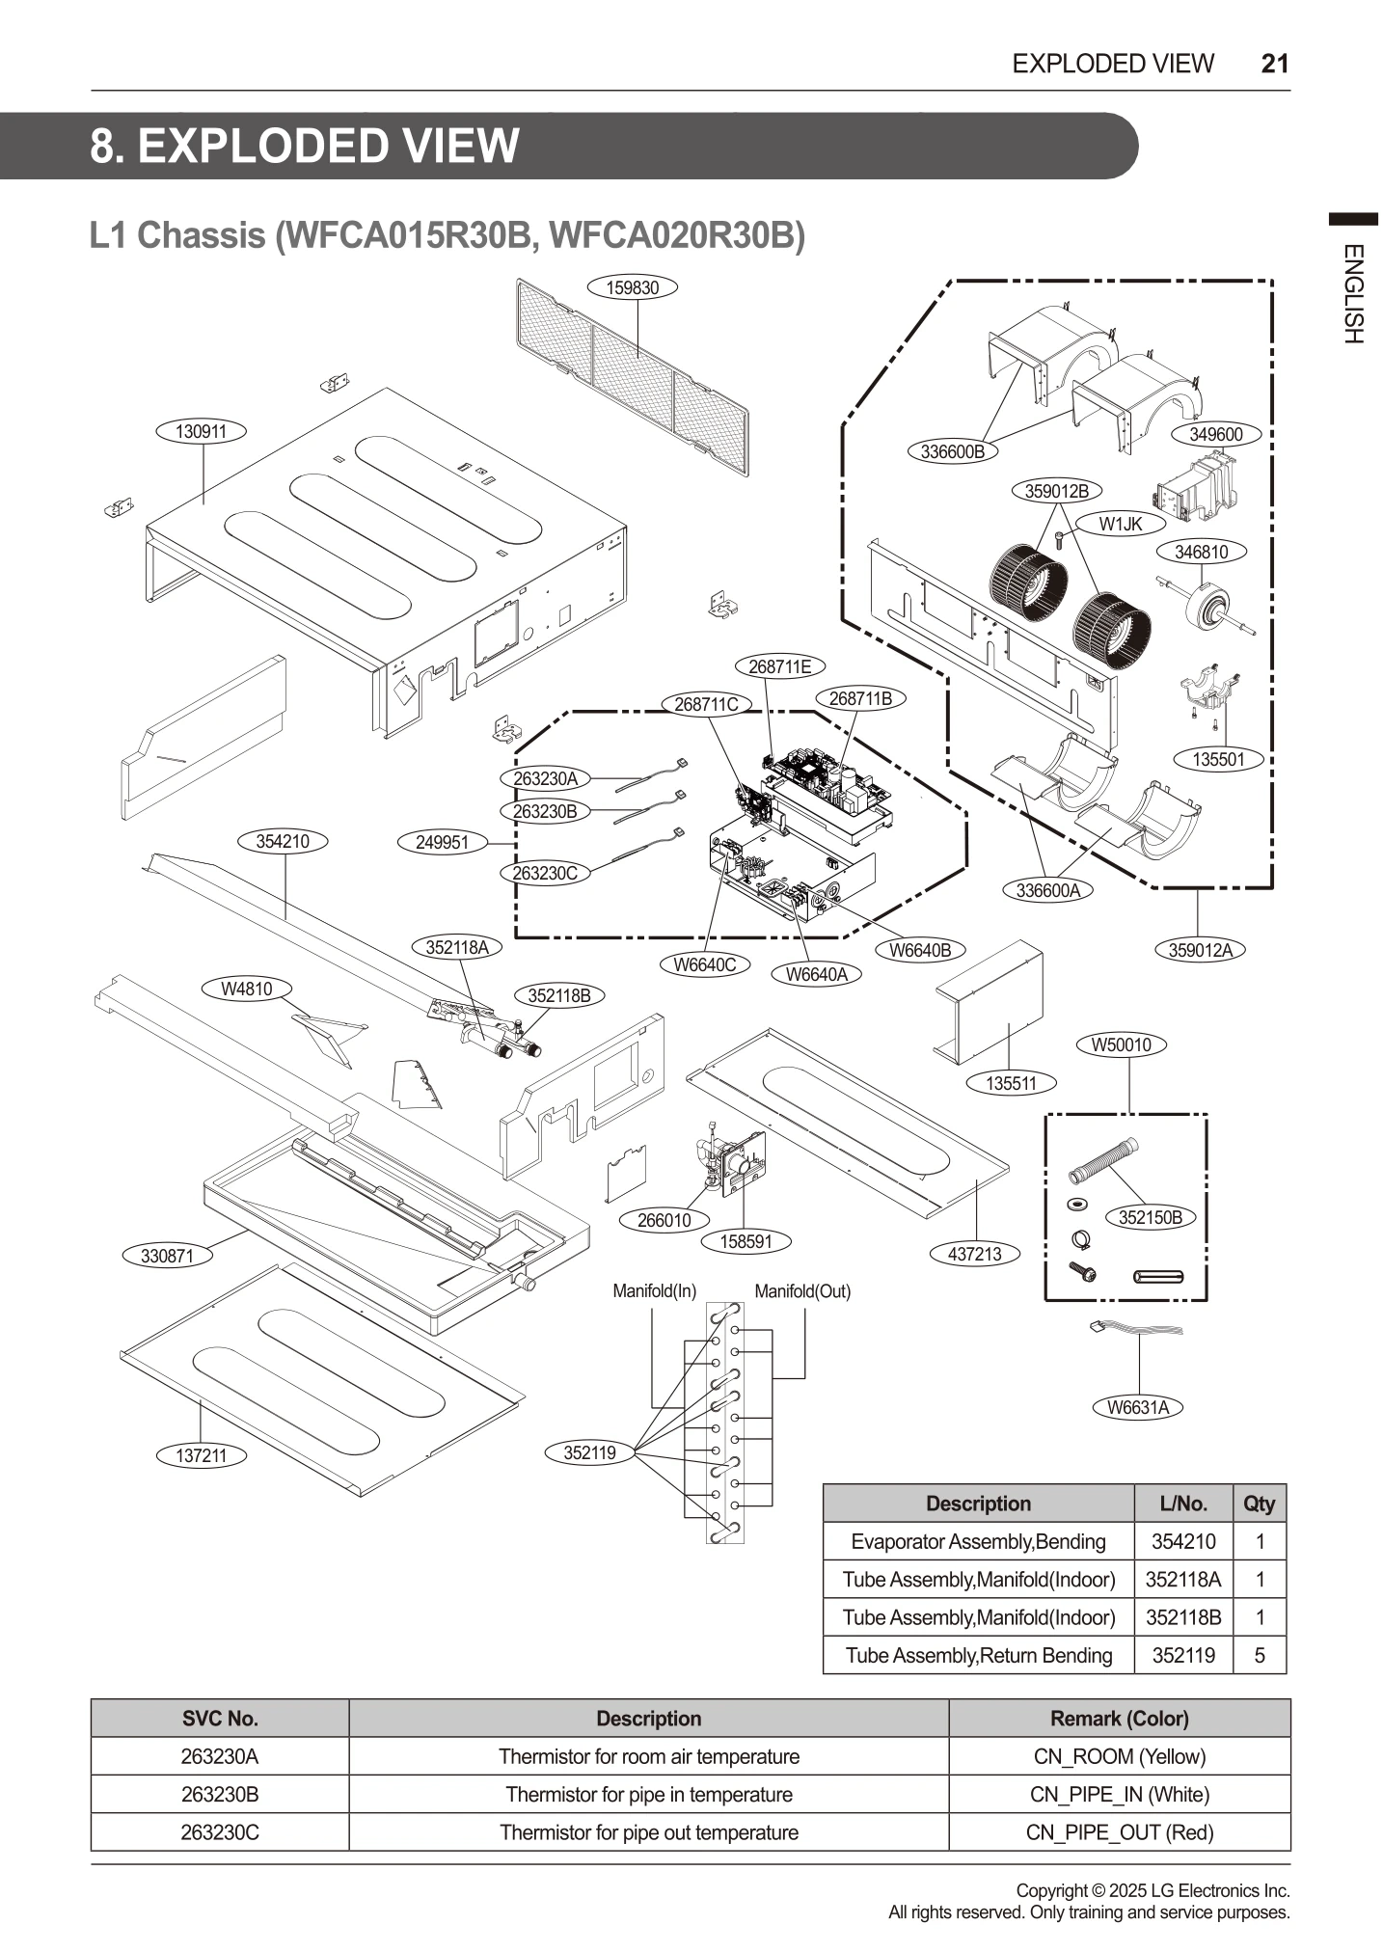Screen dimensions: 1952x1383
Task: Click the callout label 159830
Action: point(632,287)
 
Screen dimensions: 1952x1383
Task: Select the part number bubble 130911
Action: point(201,431)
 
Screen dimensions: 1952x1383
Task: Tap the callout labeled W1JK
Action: point(1120,524)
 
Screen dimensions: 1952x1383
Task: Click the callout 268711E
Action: point(780,666)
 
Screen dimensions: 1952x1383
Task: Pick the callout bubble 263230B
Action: point(545,811)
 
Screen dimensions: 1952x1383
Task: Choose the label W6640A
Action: point(816,974)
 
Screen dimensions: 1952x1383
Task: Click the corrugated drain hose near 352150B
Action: point(1105,1161)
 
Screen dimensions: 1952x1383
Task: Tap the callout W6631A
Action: point(1138,1407)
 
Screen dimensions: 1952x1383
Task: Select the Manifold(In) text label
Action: point(654,1291)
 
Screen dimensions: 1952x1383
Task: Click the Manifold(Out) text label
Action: point(802,1291)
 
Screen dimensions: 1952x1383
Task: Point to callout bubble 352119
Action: point(589,1452)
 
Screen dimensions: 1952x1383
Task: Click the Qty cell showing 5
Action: point(1259,1655)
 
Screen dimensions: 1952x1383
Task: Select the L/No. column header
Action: point(1183,1504)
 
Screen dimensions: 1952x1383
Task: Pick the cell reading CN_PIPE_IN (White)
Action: point(1119,1795)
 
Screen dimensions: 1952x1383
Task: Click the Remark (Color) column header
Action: point(1119,1719)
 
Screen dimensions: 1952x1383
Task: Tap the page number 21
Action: point(1274,64)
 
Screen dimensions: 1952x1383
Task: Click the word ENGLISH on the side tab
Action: point(1352,293)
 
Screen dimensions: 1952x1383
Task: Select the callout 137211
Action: point(201,1455)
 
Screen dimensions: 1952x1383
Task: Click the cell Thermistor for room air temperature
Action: point(648,1756)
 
